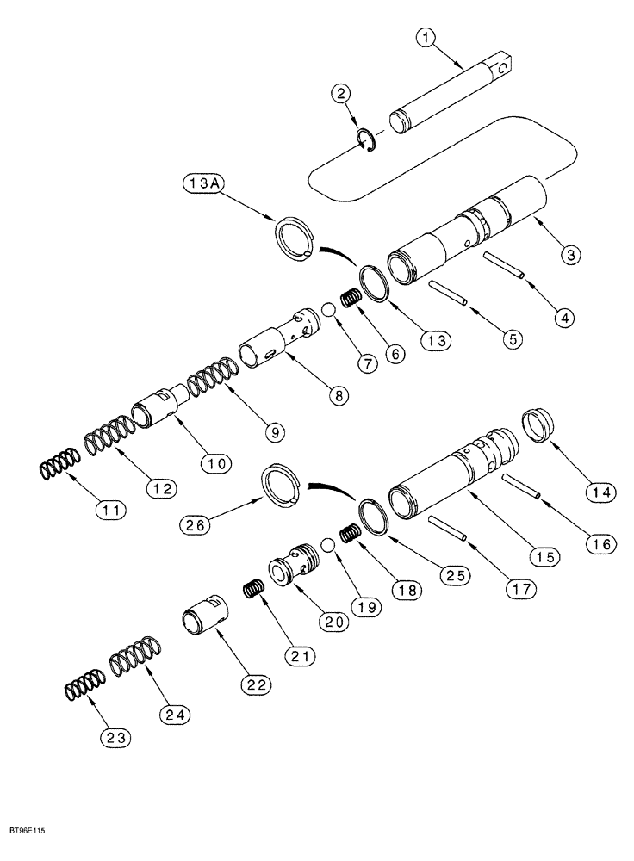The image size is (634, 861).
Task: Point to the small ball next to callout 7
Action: [328, 310]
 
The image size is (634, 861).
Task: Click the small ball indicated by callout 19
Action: [328, 546]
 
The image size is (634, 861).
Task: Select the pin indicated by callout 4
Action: [505, 264]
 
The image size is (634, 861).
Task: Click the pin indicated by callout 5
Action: [449, 293]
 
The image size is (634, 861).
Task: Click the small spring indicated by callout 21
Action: [252, 591]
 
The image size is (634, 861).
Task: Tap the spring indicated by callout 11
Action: [59, 468]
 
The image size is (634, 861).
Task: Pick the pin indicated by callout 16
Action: [521, 486]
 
